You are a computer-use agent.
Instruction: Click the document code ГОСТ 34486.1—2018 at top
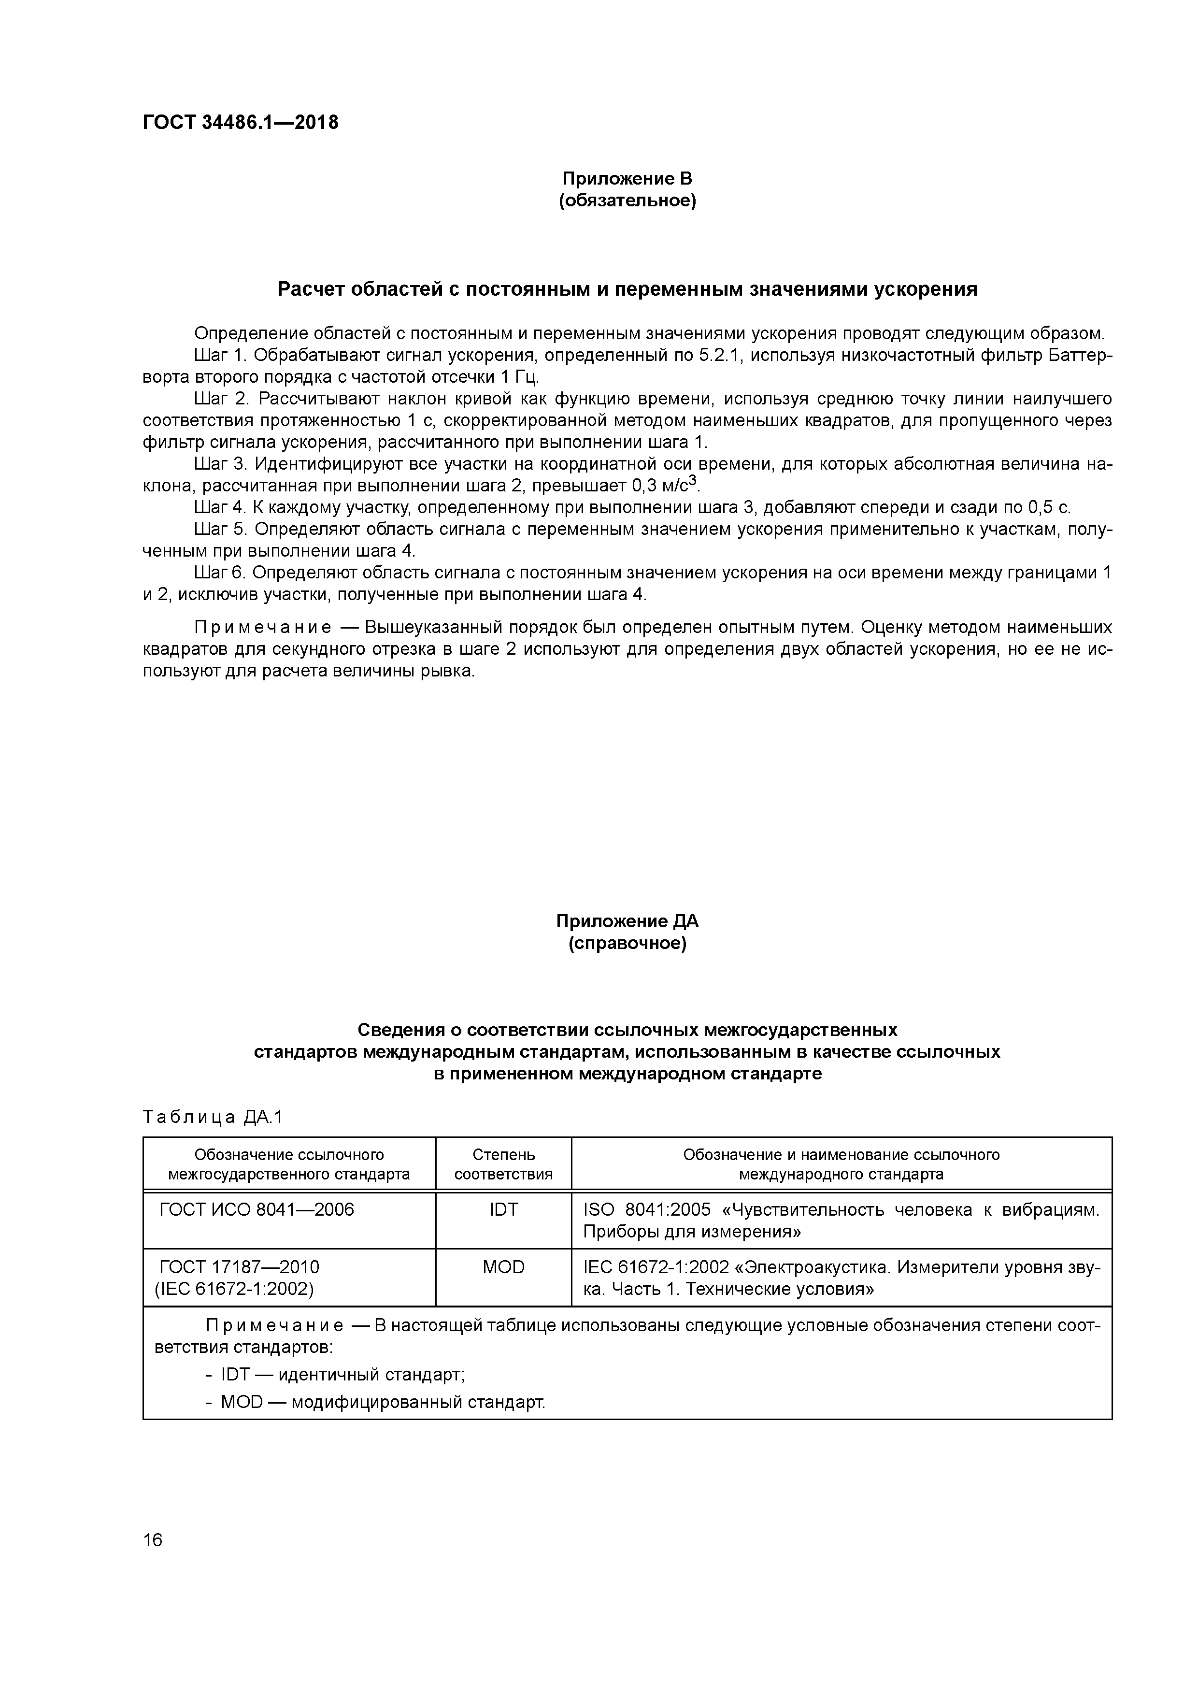[240, 123]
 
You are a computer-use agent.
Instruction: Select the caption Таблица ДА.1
[213, 1118]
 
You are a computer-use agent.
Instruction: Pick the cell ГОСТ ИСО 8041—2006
[257, 1210]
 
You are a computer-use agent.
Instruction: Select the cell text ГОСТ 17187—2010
[239, 1267]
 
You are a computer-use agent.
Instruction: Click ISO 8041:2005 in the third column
[647, 1210]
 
